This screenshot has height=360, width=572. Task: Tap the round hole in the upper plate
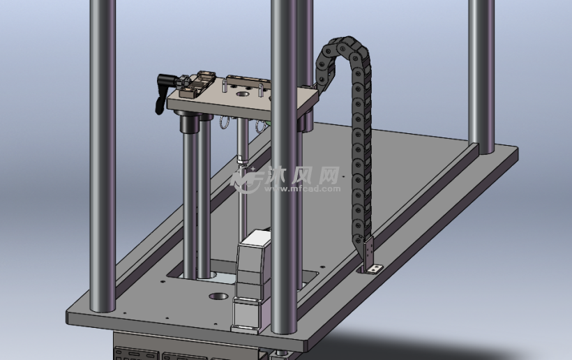242,94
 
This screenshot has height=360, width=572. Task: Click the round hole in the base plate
219,297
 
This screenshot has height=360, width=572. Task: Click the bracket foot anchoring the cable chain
375,269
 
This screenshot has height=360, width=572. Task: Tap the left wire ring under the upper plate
224,123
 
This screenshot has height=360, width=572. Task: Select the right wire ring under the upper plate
259,126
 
